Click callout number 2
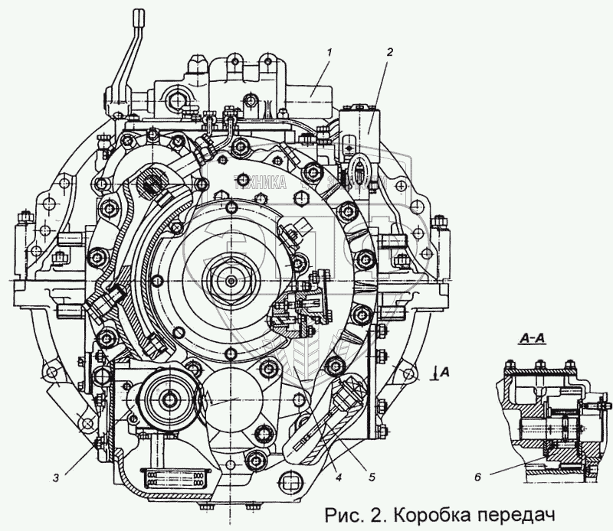[389, 52]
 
